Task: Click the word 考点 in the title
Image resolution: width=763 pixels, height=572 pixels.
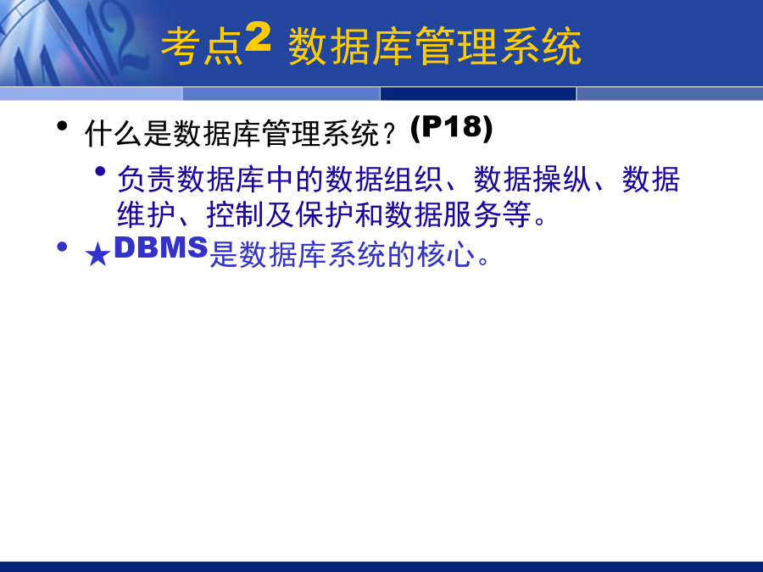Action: pos(202,47)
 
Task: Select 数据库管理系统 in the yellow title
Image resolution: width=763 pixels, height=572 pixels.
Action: pos(435,47)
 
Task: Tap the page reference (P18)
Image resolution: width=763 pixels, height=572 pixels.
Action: pos(452,129)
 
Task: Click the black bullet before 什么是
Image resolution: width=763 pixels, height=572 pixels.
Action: pos(62,126)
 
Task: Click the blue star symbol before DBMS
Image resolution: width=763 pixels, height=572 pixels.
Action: pos(97,255)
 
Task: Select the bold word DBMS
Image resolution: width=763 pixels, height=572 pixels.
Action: pos(161,247)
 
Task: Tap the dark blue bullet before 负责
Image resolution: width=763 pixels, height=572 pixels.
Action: pos(101,171)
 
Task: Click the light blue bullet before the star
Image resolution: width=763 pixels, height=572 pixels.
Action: pos(62,247)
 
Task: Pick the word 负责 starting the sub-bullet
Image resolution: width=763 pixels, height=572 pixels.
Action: pos(147,179)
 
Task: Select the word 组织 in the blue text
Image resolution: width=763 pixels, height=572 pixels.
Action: pos(414,179)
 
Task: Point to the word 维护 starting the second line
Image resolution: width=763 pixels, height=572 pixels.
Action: pos(147,214)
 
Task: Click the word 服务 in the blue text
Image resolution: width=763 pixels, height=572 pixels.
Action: pos(473,214)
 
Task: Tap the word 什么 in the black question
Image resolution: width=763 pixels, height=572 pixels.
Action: pos(114,134)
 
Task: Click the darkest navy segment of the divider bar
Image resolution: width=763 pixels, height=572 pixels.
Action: pos(478,94)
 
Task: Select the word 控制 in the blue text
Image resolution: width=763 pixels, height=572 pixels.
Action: pos(236,214)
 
